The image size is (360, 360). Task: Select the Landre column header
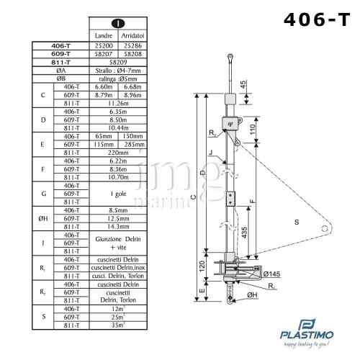tap(105, 35)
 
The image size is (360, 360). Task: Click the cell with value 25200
tap(105, 45)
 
